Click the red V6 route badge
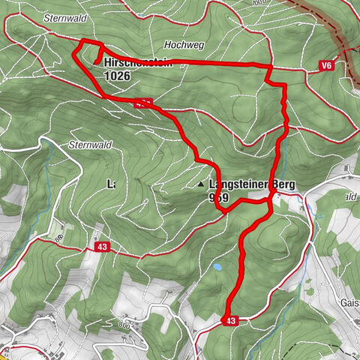pyautogui.click(x=324, y=67)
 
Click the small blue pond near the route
pyautogui.click(x=217, y=267)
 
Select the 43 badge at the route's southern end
pyautogui.click(x=230, y=321)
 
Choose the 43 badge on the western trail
pyautogui.click(x=101, y=247)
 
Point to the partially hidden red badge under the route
pyautogui.click(x=145, y=103)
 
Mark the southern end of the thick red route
pyautogui.click(x=227, y=313)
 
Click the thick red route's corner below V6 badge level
pyautogui.click(x=284, y=85)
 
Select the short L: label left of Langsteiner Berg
pyautogui.click(x=111, y=184)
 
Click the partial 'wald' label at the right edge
pyautogui.click(x=349, y=196)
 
